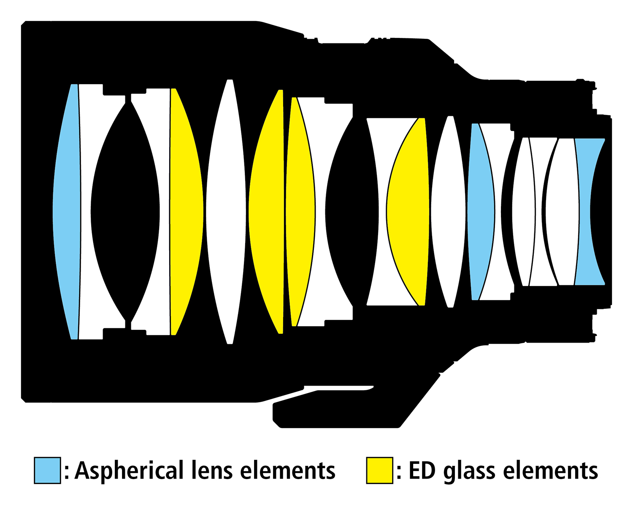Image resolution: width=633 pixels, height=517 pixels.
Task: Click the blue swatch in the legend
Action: [47, 470]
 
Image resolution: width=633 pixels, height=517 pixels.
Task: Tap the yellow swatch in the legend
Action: [379, 470]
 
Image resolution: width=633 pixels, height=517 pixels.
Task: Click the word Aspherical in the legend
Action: [129, 471]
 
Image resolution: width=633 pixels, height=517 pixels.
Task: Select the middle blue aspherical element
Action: [481, 211]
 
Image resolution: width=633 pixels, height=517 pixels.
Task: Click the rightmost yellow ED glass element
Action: [407, 211]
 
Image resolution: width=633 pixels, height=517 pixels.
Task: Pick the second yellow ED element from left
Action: [266, 211]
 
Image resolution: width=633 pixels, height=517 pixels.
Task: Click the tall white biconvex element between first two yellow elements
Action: [226, 211]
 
